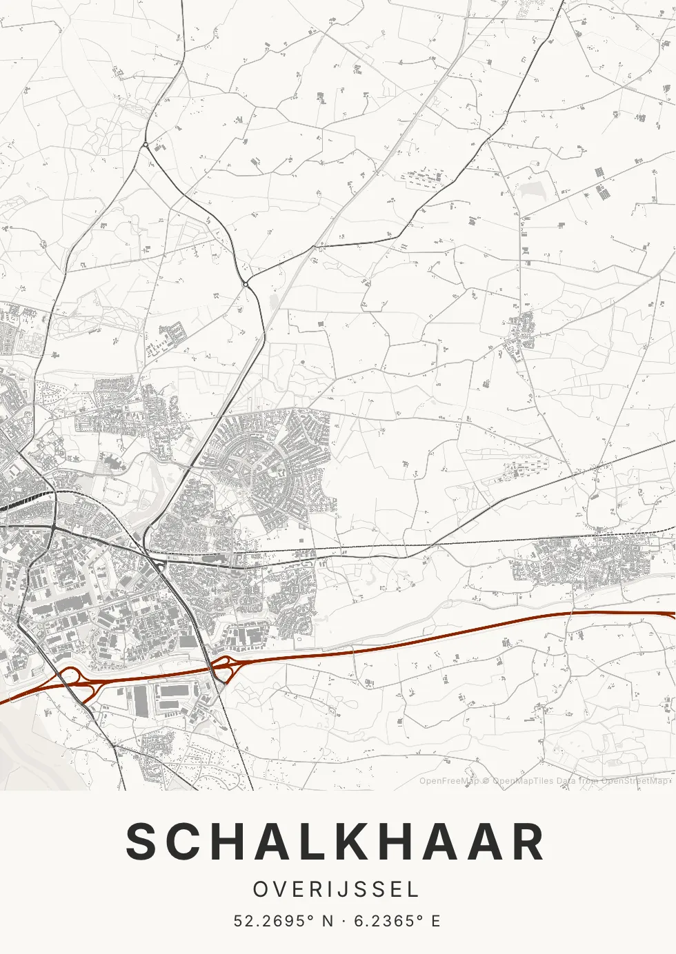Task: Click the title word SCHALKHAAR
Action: [336, 842]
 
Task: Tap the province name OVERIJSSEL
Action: [336, 889]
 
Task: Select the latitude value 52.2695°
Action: [274, 921]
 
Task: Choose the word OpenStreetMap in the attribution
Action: [635, 781]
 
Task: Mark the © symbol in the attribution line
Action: [486, 781]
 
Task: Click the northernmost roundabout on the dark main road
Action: [146, 144]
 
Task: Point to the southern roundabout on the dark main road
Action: [245, 283]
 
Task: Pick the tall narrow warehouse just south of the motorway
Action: [141, 700]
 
